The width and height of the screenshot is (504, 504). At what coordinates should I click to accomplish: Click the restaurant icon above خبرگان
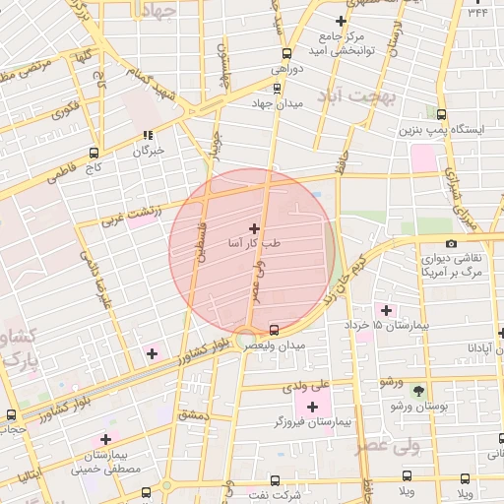[147, 136]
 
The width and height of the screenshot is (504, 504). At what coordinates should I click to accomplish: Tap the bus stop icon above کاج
[94, 153]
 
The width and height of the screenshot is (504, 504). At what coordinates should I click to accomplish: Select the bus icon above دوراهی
[286, 53]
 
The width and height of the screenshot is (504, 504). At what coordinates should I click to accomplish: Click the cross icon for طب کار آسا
[256, 227]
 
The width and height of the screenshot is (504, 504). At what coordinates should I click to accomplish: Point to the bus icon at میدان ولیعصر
[275, 329]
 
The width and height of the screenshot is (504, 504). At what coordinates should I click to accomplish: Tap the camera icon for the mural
[451, 243]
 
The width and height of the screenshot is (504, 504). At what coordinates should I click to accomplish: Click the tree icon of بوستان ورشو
[419, 390]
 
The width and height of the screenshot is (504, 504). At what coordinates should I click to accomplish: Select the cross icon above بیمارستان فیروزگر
[313, 406]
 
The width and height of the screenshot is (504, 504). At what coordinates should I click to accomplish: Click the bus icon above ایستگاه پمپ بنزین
[440, 114]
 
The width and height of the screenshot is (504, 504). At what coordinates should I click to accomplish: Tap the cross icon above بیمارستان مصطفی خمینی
[105, 440]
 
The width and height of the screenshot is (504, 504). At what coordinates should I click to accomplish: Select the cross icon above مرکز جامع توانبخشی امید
[342, 21]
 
